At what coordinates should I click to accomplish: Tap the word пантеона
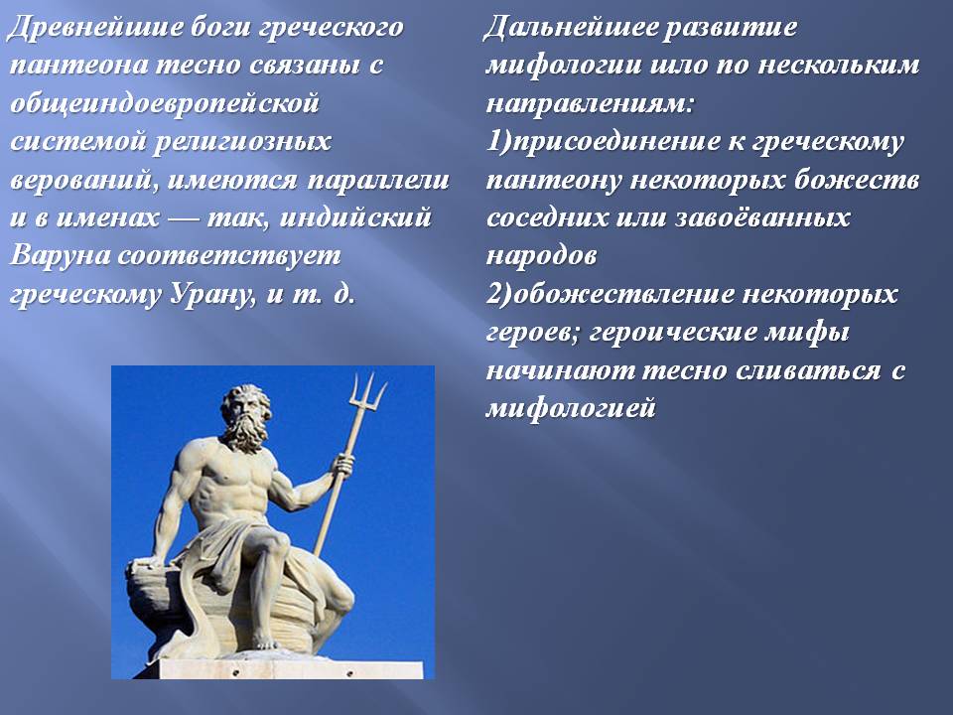point(79,66)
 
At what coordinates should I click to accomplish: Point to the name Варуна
point(60,255)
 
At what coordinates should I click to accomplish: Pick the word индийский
point(355,217)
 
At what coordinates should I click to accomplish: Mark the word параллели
point(378,181)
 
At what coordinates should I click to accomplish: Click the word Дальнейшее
point(570,29)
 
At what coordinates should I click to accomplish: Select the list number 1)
point(499,142)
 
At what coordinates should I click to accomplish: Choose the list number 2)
point(499,295)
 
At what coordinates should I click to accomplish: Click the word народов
point(542,256)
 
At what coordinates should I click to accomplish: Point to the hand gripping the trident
point(344,465)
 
